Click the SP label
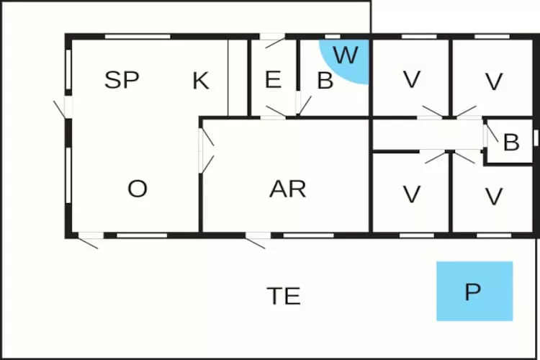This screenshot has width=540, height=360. click(122, 80)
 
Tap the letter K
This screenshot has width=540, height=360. click(201, 81)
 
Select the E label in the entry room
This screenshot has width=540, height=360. click(273, 80)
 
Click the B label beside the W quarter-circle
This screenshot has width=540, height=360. click(325, 81)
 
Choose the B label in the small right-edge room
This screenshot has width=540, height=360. click(511, 143)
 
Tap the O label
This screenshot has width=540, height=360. click(138, 189)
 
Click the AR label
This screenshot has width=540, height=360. click(288, 189)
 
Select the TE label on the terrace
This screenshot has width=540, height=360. click(284, 296)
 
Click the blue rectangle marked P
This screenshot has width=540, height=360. click(474, 291)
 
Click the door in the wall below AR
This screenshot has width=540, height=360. click(256, 238)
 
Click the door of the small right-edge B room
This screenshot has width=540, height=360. click(487, 135)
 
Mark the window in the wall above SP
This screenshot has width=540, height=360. click(137, 36)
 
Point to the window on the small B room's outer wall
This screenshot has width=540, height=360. click(536, 137)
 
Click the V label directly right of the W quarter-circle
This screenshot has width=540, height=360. click(411, 80)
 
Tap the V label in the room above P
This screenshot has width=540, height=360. click(493, 196)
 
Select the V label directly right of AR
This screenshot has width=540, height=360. click(411, 194)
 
